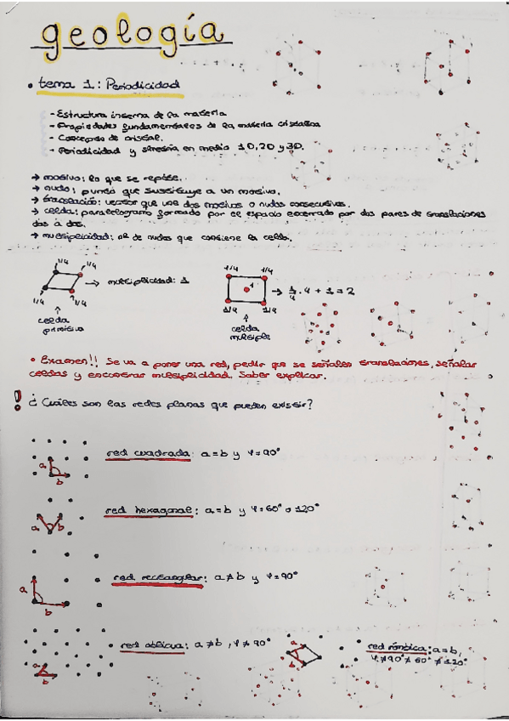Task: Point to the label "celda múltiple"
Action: click(249, 330)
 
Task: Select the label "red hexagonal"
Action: click(149, 510)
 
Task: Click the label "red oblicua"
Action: click(155, 645)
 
